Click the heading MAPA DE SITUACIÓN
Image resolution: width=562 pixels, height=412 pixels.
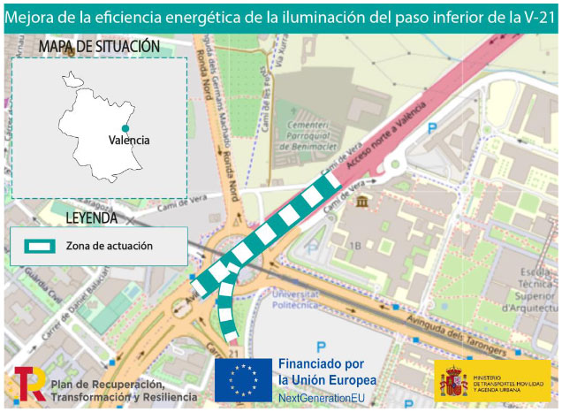(x=98, y=46)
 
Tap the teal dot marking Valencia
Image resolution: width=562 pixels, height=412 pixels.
(x=125, y=128)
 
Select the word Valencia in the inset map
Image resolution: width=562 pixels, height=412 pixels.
(x=129, y=140)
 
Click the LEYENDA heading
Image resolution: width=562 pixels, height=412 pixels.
(x=91, y=217)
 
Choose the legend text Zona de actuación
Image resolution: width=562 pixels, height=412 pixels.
(x=109, y=246)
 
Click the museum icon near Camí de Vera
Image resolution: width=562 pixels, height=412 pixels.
(x=364, y=202)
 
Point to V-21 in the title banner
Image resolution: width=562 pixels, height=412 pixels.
(x=536, y=17)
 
